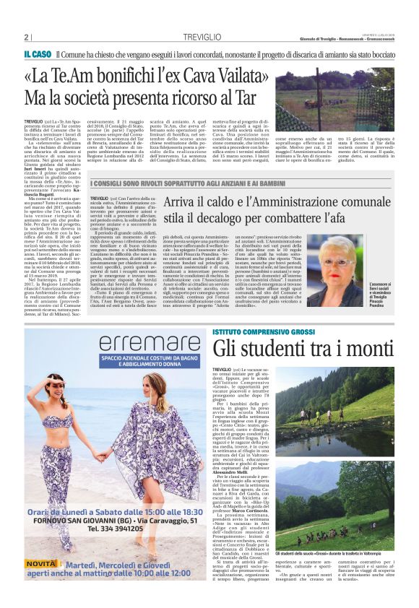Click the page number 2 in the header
click(x=26, y=37)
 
